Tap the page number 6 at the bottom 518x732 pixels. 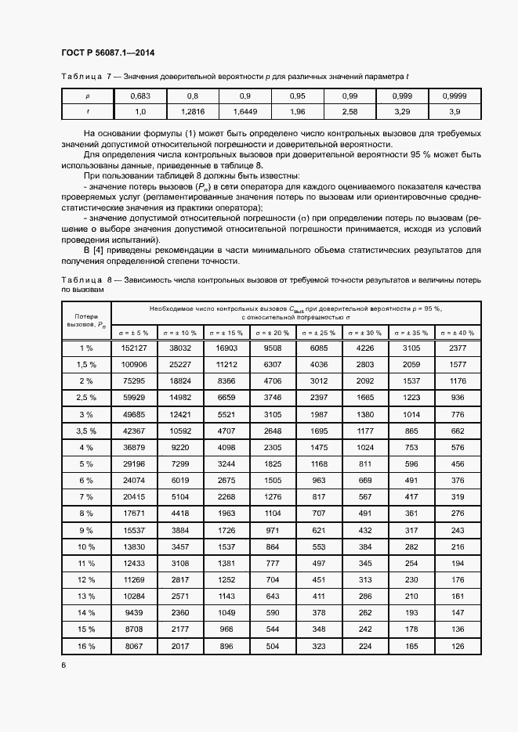[x=63, y=665]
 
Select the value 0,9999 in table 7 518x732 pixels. [x=455, y=96]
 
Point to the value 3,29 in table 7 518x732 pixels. [x=402, y=111]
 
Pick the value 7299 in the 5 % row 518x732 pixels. [x=181, y=463]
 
